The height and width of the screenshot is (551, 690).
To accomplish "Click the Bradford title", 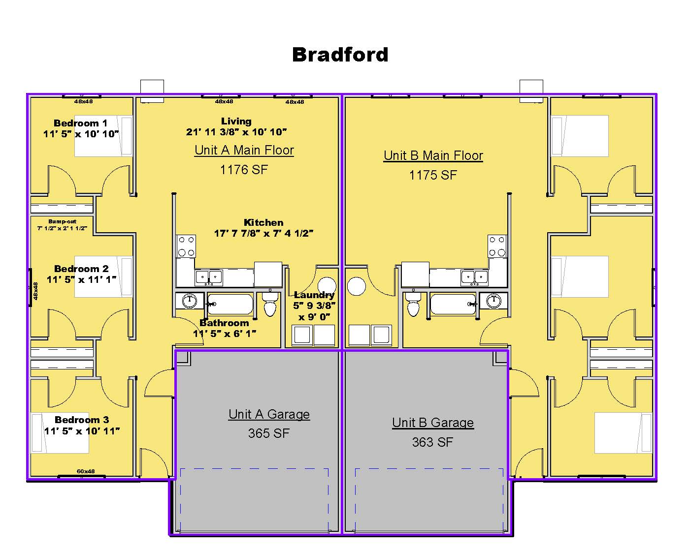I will (340, 55).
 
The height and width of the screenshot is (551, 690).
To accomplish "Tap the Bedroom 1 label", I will (80, 123).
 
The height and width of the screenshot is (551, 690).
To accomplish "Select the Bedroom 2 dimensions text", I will (81, 279).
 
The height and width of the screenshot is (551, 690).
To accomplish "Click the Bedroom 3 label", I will (82, 420).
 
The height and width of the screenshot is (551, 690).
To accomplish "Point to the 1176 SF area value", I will (244, 170).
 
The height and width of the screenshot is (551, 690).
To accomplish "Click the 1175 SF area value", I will (433, 175).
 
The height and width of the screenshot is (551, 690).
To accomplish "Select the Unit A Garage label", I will (269, 414).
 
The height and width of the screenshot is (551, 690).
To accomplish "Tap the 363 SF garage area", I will (432, 442).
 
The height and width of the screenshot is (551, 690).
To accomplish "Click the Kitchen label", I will (263, 222).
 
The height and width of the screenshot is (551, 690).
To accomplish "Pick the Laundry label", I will (314, 295).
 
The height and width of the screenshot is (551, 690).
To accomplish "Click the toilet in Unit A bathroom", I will (270, 305).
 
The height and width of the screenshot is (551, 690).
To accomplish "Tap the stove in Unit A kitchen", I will (186, 246).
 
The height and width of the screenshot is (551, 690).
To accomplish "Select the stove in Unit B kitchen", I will (497, 246).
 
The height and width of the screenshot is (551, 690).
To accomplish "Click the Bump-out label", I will (62, 221).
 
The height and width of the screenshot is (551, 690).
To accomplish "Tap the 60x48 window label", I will (85, 471).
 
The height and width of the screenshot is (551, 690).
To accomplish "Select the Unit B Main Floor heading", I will (433, 155).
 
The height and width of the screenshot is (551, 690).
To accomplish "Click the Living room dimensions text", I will (236, 132).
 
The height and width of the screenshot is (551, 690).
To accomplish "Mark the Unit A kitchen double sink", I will (209, 277).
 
